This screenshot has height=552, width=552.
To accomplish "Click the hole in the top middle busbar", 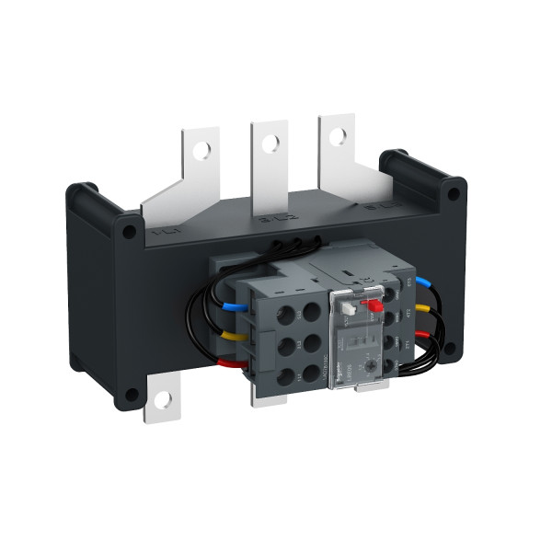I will pyautogui.click(x=270, y=143).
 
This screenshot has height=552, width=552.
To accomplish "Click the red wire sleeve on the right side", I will pyautogui.click(x=426, y=337).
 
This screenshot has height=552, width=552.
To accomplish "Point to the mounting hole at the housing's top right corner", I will pyautogui.click(x=451, y=194).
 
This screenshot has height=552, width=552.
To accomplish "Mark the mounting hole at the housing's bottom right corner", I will pyautogui.click(x=451, y=346).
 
